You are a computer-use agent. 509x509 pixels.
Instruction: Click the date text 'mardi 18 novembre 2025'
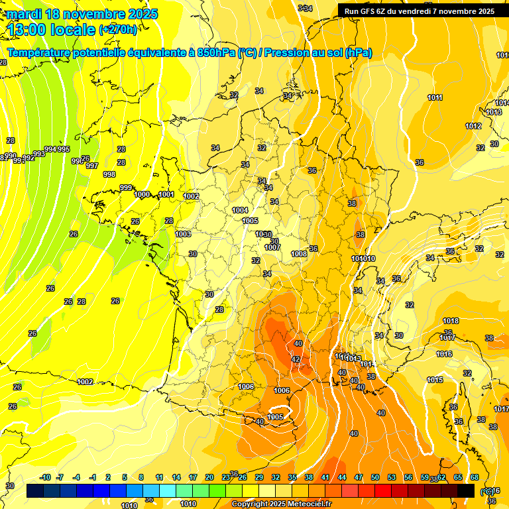[83, 14]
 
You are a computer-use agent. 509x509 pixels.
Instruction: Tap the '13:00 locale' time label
[52, 29]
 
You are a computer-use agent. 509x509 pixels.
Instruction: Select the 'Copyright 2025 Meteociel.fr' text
[282, 504]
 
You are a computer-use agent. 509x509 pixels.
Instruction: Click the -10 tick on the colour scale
[45, 477]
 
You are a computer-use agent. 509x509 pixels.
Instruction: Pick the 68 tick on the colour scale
[475, 477]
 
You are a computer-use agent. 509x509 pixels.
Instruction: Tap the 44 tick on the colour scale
[342, 477]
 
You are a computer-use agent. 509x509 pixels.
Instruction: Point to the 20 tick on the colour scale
[209, 477]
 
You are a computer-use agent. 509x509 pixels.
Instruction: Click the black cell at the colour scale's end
[466, 490]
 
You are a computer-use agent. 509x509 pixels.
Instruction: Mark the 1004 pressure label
[241, 210]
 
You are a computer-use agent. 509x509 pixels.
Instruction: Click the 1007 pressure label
[272, 247]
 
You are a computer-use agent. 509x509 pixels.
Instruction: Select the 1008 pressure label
[299, 254]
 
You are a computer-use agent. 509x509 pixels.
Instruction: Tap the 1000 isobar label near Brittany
[142, 194]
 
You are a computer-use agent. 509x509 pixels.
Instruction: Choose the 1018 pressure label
[451, 321]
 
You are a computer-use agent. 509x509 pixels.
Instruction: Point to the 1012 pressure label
[473, 126]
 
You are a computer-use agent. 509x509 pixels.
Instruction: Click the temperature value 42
[296, 359]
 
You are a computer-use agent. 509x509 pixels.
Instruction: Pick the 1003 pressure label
[183, 234]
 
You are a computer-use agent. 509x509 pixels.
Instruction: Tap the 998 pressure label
[110, 174]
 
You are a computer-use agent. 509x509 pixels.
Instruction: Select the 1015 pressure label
[435, 380]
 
